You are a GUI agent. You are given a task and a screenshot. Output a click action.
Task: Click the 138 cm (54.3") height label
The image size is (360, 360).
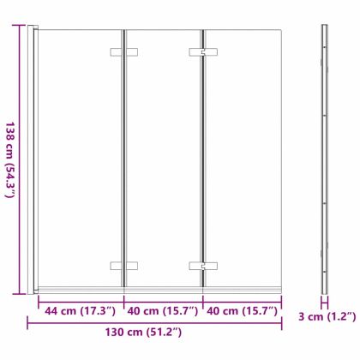click(x=10, y=159)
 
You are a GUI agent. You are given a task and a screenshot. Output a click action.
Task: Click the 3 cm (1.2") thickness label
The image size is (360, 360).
click(x=327, y=316)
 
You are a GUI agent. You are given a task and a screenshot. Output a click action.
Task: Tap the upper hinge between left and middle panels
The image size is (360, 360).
click(x=124, y=53)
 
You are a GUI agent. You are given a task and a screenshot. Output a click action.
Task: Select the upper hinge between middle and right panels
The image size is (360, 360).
click(x=203, y=53)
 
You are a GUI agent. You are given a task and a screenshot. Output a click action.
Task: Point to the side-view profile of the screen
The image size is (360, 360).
click(x=324, y=159)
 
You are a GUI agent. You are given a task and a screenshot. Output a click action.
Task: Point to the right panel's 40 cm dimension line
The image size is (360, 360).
click(x=242, y=300)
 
